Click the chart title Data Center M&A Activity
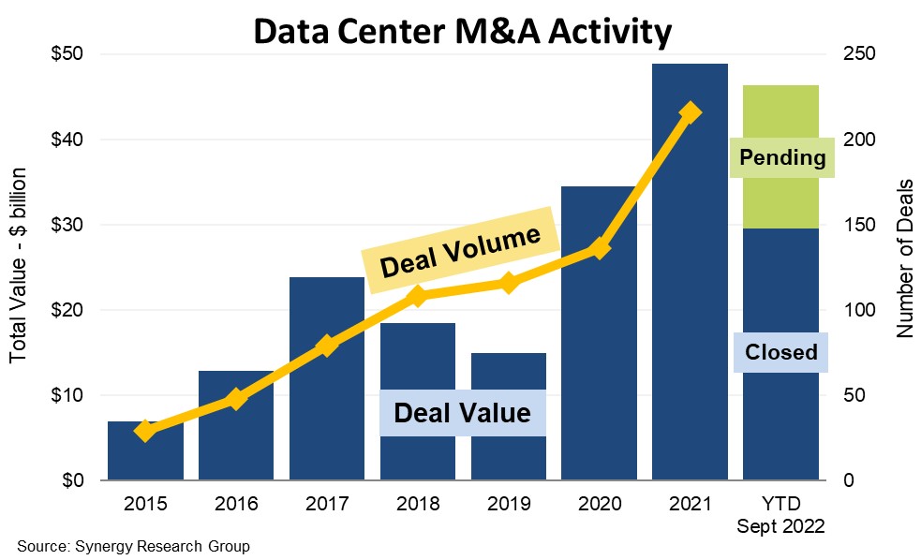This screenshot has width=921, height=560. tap(462, 32)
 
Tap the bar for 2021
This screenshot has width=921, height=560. tap(690, 281)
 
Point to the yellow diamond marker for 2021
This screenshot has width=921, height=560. tap(691, 112)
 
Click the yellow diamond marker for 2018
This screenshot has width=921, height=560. tap(418, 297)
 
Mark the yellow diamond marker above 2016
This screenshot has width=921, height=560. tap(235, 399)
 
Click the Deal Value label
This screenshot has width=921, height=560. tap(462, 413)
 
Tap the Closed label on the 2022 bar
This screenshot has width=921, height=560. tap(781, 352)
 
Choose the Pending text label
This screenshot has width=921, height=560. tap(782, 157)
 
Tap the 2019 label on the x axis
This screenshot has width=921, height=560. tap(509, 503)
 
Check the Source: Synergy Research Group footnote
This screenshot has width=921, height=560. tap(133, 546)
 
